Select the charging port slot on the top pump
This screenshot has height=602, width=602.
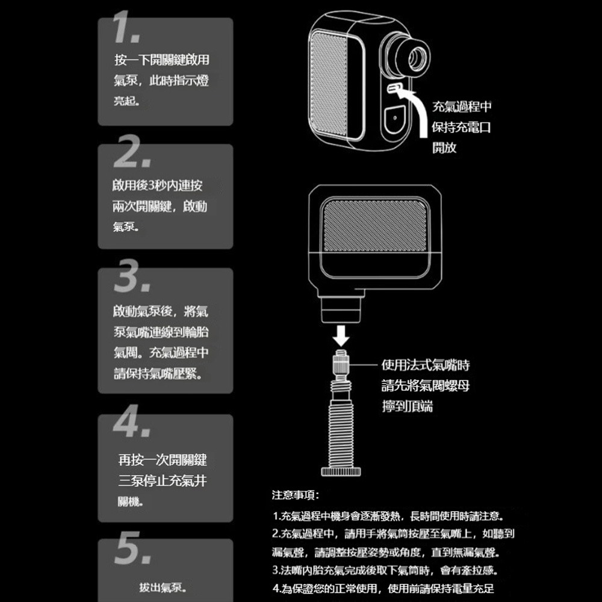point(394,89)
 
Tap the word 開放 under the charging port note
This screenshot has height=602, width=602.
point(445,148)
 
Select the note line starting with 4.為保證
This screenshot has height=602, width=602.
point(383,588)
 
